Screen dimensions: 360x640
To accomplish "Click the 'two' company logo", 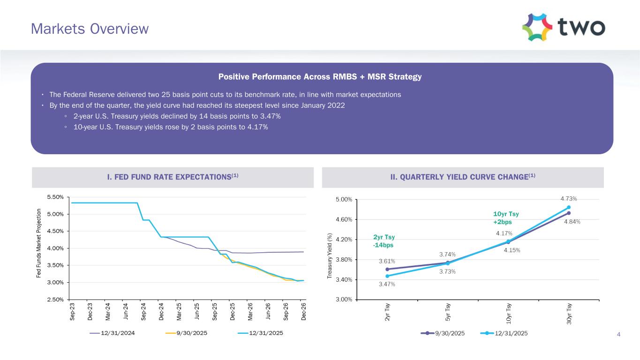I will (x=563, y=27).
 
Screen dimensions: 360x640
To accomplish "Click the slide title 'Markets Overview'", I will (x=90, y=29).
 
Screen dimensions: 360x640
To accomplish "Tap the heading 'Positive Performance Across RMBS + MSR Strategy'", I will (x=320, y=77).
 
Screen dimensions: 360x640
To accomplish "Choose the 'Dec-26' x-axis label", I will (x=304, y=312).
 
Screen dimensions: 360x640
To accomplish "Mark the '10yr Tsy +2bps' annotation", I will (x=506, y=218).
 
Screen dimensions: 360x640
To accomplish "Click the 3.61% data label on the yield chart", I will (x=387, y=261).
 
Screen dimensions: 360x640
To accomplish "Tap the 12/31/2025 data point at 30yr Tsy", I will (x=569, y=207).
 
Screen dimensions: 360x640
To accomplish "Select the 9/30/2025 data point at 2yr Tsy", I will (x=387, y=269).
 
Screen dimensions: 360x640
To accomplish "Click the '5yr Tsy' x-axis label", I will (x=448, y=313).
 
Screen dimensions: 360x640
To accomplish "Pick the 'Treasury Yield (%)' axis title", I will (x=330, y=258).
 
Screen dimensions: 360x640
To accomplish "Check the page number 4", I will (x=619, y=334).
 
